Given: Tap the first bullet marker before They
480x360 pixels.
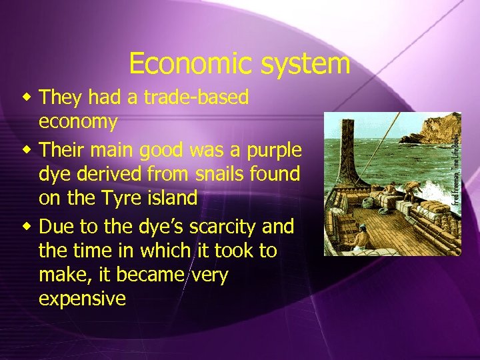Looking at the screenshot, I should point(27,98).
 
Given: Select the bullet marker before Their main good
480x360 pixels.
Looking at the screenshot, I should point(27,149).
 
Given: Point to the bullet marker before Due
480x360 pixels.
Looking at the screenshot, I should point(27,227).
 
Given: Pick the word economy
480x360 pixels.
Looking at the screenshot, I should point(78,123).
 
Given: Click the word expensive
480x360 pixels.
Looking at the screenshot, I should point(82,298).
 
